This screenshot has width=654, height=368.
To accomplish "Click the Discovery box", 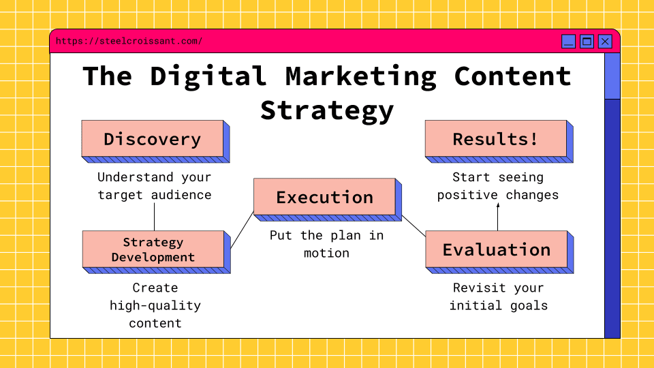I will click(152, 139).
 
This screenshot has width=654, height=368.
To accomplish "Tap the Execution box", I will click(324, 198).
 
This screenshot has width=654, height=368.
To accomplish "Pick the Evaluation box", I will click(496, 249).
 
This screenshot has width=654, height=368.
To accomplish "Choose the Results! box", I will click(495, 139).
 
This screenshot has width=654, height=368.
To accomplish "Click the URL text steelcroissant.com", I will click(129, 42).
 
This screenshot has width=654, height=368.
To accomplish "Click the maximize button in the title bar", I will click(587, 42).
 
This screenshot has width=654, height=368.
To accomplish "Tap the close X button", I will click(605, 42).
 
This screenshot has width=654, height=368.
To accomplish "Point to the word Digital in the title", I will click(208, 76).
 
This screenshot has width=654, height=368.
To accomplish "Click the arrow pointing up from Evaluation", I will click(497, 217).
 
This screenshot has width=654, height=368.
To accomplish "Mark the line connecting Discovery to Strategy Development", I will click(154, 217).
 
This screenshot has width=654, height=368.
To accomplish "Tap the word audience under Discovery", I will click(181, 195).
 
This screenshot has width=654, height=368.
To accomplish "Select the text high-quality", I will click(155, 305).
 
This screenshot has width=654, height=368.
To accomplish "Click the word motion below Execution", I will click(326, 253).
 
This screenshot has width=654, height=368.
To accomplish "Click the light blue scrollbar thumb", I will click(612, 76).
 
